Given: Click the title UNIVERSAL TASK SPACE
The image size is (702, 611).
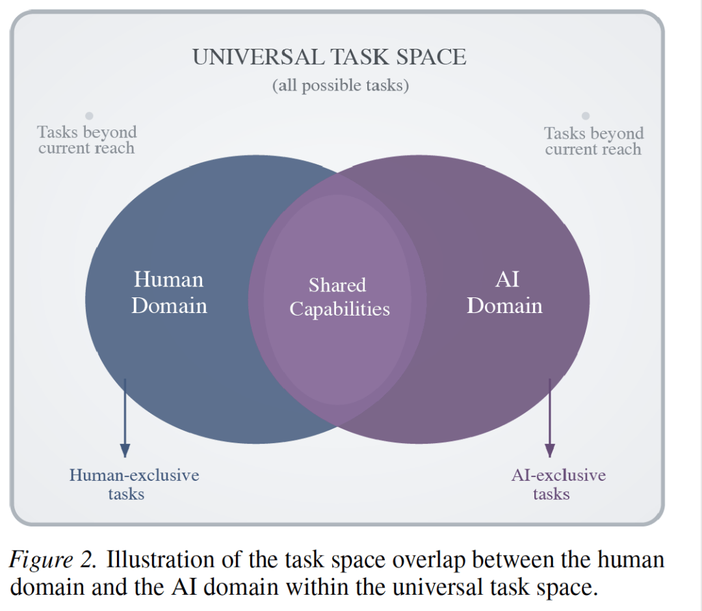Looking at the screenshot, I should tap(329, 57).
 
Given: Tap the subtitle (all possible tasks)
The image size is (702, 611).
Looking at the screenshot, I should tap(340, 85).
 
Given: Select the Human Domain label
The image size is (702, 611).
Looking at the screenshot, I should tap(169, 293).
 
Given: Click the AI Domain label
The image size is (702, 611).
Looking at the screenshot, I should tap(504, 293).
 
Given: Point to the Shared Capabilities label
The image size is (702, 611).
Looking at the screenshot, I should tap(339, 297).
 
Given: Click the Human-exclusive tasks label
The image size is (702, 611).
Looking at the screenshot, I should tap(134, 484).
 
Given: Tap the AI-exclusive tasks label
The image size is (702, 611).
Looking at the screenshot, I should tap(558, 484).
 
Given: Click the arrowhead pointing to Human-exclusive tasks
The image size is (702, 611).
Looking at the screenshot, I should tap(125, 450).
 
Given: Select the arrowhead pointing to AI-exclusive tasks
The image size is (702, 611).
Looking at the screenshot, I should tap(550, 450).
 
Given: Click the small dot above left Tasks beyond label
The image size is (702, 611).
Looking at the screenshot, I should tap(90, 116).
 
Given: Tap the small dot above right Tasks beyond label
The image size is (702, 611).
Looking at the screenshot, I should tap(586, 116).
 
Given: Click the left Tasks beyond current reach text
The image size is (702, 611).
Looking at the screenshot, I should tap(86, 140).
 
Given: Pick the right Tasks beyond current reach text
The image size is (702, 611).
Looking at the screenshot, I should tap(593, 141).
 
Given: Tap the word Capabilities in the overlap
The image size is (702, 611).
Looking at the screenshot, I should tap(339, 309).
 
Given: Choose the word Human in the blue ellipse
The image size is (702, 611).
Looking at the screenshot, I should tap(168, 280).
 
